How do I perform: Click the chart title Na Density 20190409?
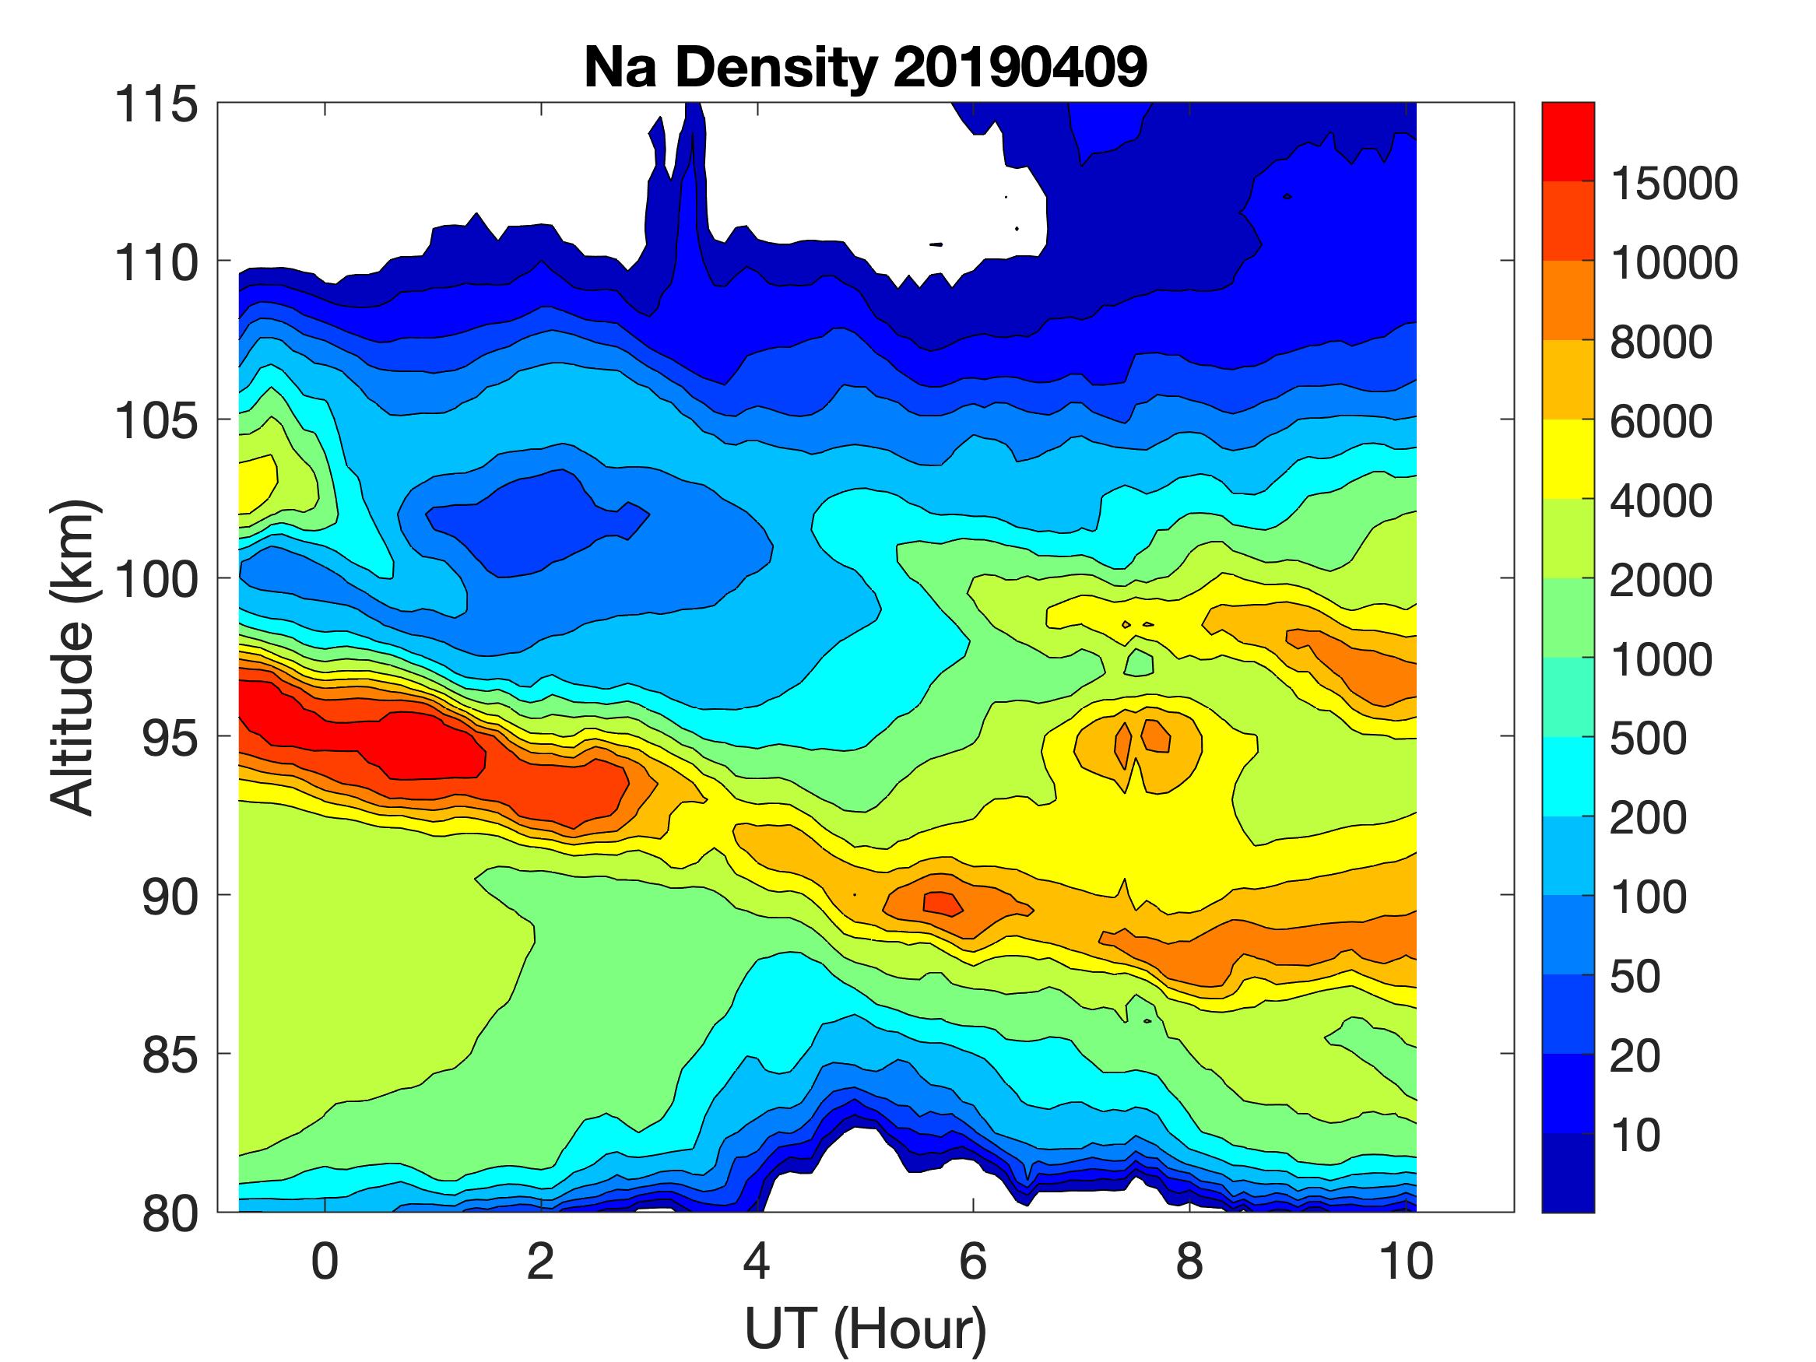tap(866, 67)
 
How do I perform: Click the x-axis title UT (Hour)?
tap(866, 1329)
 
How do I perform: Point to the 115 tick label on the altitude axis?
tap(156, 105)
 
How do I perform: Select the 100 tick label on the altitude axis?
tap(156, 580)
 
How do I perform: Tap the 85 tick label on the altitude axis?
tap(170, 1055)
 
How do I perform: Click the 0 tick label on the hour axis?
tap(325, 1262)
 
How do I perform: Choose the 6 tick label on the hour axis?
tap(973, 1262)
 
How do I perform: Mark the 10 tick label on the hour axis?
tap(1406, 1262)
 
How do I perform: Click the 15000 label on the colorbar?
tap(1673, 183)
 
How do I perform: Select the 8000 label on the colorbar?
tap(1660, 342)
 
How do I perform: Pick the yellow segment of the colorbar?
tap(1567, 459)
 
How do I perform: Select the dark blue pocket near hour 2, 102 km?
tap(525, 525)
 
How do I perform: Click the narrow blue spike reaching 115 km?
tap(694, 164)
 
